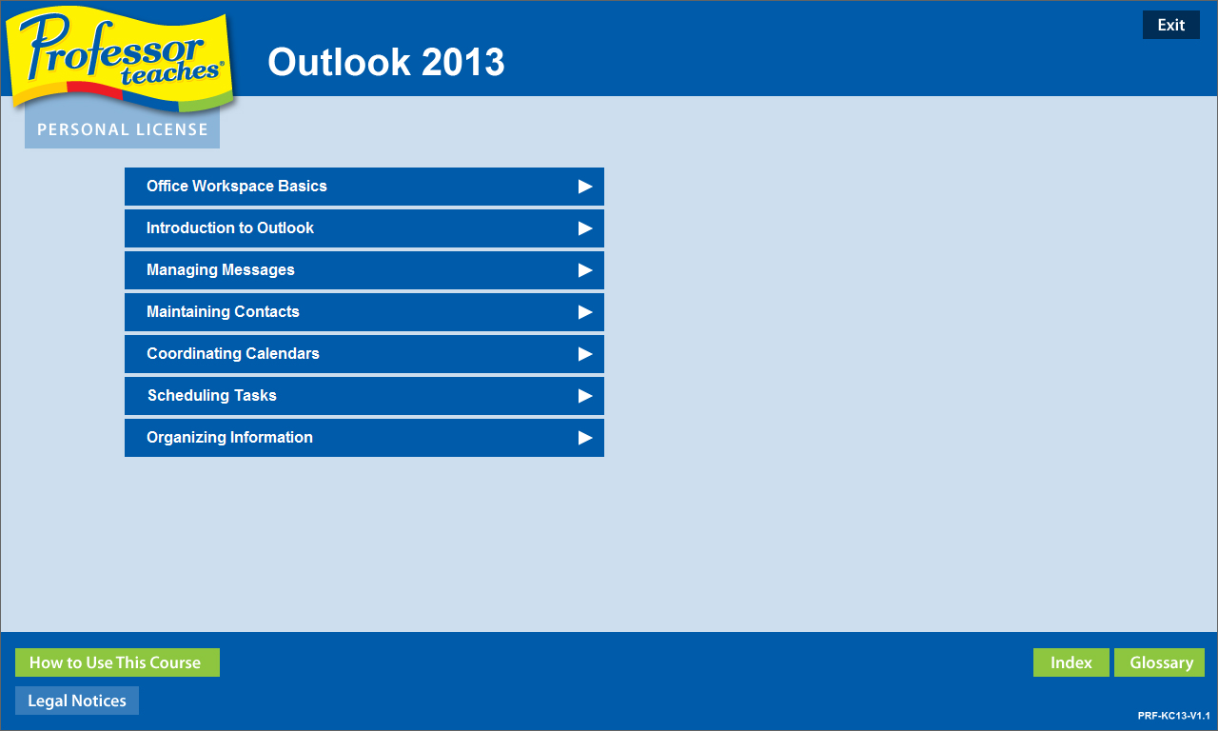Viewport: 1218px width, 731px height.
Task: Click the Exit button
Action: [x=1170, y=25]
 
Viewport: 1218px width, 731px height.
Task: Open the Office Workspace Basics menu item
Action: [x=363, y=187]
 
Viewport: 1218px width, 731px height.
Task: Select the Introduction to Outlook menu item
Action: [x=363, y=228]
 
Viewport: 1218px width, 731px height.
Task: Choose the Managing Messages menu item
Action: [x=363, y=270]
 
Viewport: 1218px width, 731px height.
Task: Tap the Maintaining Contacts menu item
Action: [x=363, y=312]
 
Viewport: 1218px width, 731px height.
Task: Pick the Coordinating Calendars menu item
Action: [x=363, y=354]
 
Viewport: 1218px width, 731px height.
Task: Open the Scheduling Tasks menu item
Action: [x=363, y=396]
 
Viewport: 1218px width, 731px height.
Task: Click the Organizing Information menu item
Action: [x=363, y=438]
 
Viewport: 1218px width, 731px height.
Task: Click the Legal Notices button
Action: [x=77, y=701]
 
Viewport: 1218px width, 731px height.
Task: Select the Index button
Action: [x=1071, y=662]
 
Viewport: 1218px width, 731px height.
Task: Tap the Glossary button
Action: [x=1159, y=662]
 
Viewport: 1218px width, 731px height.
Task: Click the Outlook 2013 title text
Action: [x=385, y=63]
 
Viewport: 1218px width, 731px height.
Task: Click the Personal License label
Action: [x=122, y=129]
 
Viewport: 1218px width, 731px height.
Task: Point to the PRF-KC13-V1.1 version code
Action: [x=1173, y=715]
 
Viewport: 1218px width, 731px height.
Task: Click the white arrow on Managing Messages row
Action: [x=585, y=270]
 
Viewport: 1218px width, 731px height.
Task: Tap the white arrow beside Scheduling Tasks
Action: [x=585, y=396]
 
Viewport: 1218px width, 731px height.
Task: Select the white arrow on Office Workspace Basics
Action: [x=585, y=187]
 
